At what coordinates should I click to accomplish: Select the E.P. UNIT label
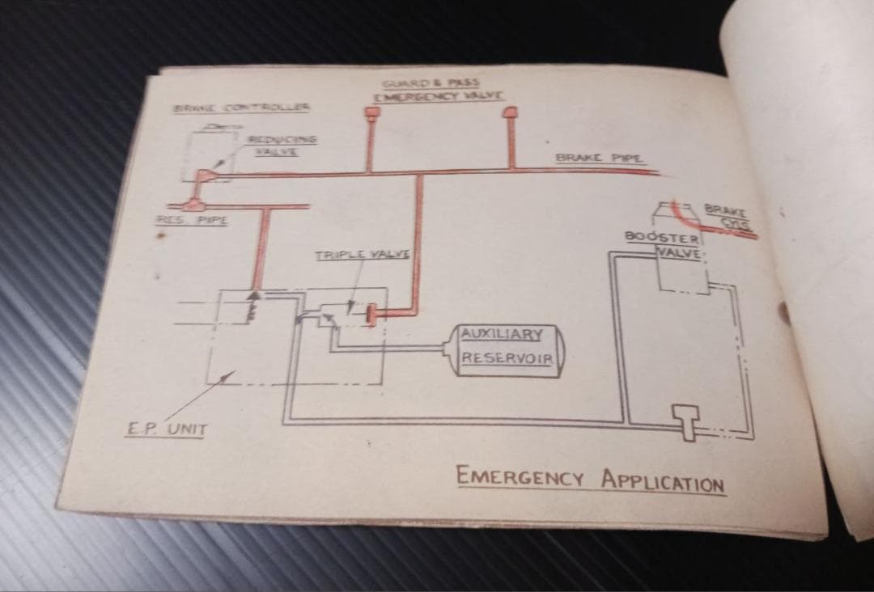click(166, 429)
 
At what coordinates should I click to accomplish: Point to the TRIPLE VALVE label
click(363, 255)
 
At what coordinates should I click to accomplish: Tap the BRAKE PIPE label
click(600, 158)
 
